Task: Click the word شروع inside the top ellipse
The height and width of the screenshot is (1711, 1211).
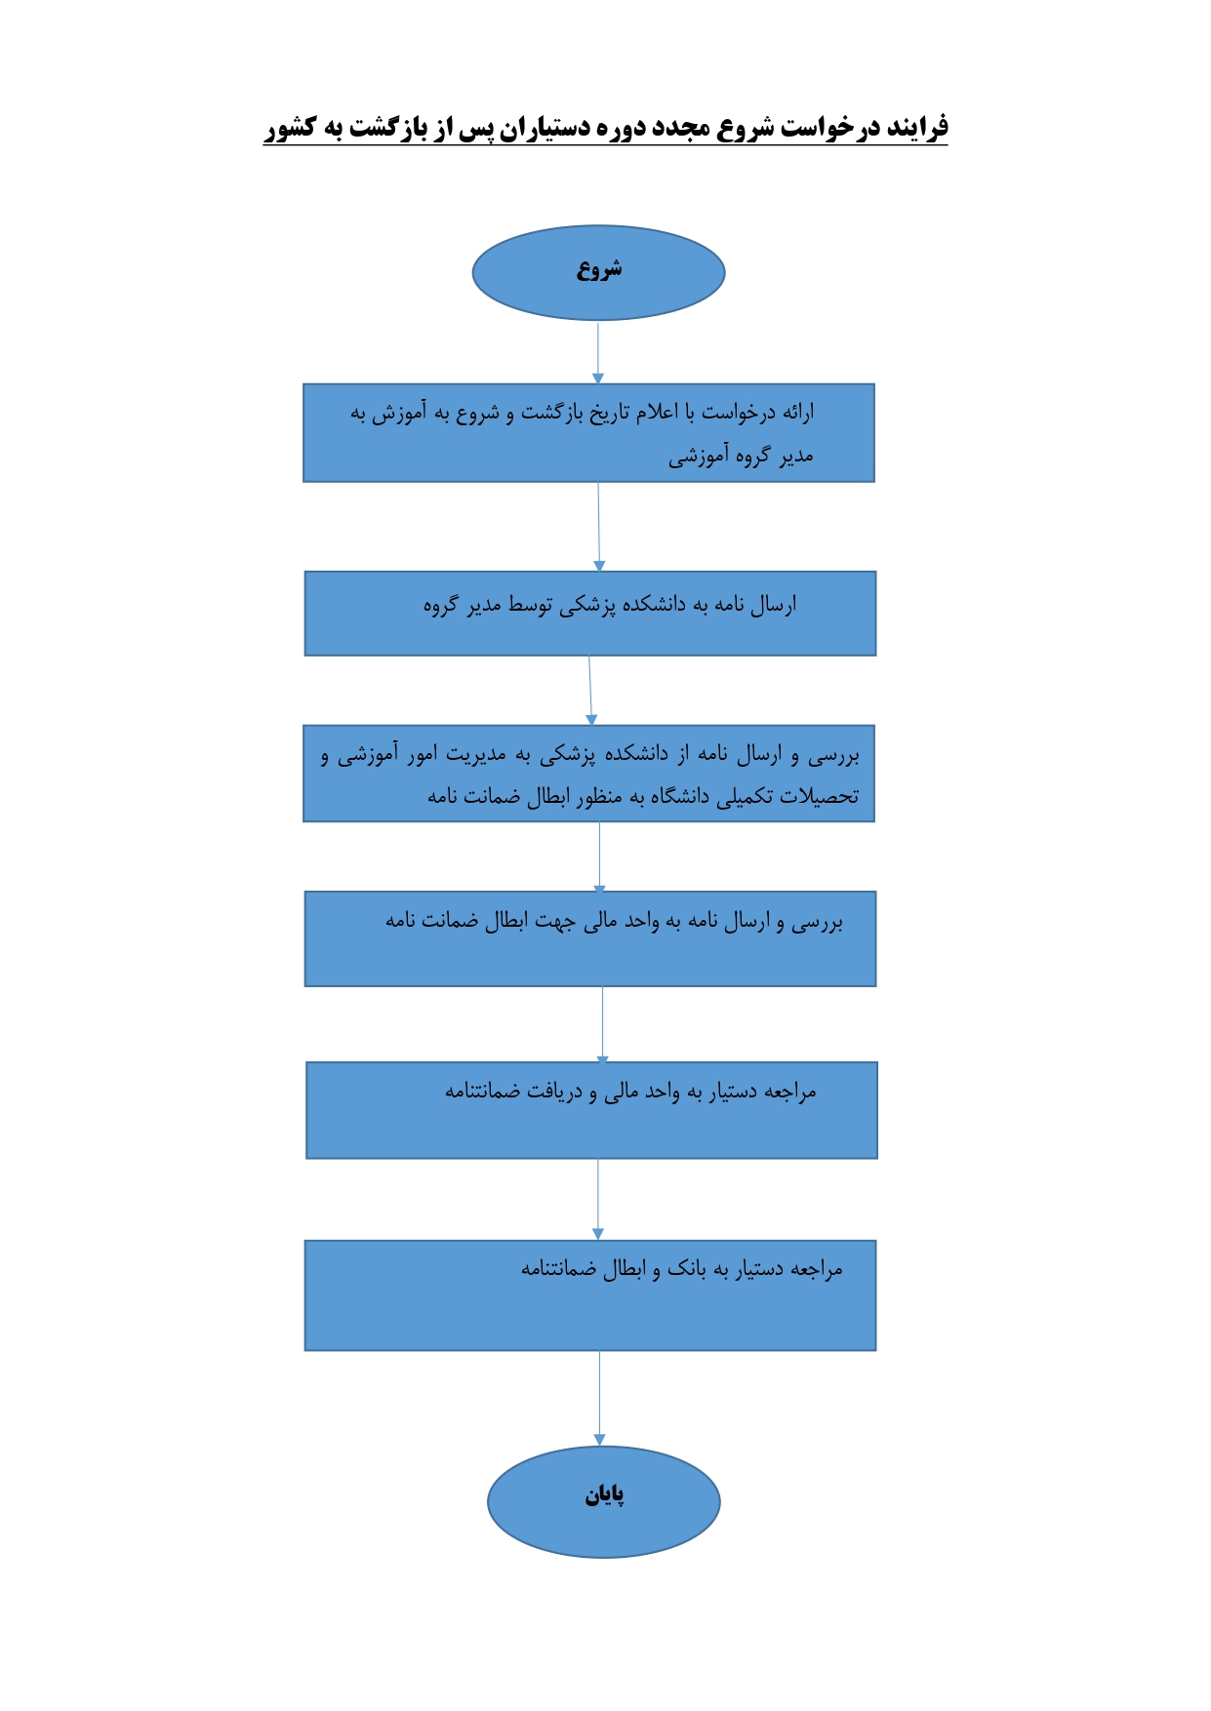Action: (599, 269)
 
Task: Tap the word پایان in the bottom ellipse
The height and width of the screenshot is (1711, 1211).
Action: (604, 1494)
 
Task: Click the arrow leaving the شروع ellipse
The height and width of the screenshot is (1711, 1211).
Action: (598, 352)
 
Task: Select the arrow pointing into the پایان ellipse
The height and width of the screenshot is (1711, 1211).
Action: (599, 1398)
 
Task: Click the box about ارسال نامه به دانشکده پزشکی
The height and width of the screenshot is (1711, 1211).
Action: (590, 614)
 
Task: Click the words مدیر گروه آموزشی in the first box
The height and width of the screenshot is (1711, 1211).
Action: (741, 456)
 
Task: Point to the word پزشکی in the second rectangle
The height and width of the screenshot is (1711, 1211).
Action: (586, 606)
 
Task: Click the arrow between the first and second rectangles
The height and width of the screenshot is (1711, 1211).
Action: (599, 527)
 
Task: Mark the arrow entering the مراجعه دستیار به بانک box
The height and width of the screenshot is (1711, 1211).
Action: (598, 1200)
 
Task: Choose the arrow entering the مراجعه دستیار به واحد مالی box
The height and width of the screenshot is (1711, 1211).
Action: (602, 1024)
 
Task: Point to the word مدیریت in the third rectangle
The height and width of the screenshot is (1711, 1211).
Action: (476, 754)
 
